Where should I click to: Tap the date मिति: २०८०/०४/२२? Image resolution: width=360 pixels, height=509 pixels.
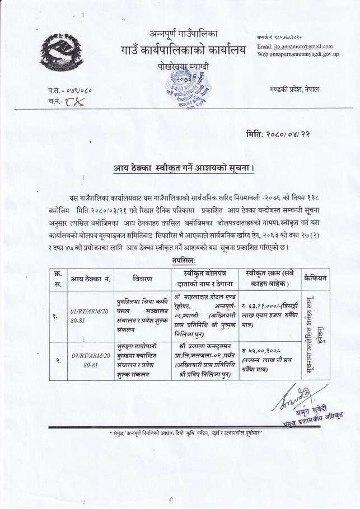282,134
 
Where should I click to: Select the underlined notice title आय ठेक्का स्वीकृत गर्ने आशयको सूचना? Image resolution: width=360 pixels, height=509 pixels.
180,168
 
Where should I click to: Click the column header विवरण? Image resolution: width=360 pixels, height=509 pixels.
139,277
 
